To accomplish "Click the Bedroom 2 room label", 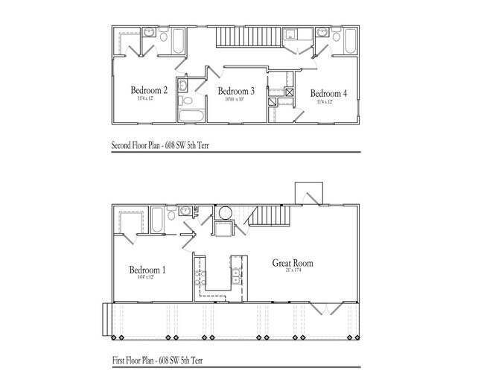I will pyautogui.click(x=148, y=91).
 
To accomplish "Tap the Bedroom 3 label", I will pyautogui.click(x=236, y=91).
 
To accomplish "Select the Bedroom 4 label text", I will pyautogui.click(x=328, y=93).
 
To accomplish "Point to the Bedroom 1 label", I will pyautogui.click(x=147, y=270).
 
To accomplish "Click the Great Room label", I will pyautogui.click(x=293, y=263).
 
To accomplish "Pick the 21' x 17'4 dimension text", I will pyautogui.click(x=293, y=271).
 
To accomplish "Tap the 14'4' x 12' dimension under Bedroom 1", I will pyautogui.click(x=147, y=278).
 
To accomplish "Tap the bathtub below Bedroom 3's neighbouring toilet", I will pyautogui.click(x=189, y=115).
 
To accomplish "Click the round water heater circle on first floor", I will pyautogui.click(x=226, y=212).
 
